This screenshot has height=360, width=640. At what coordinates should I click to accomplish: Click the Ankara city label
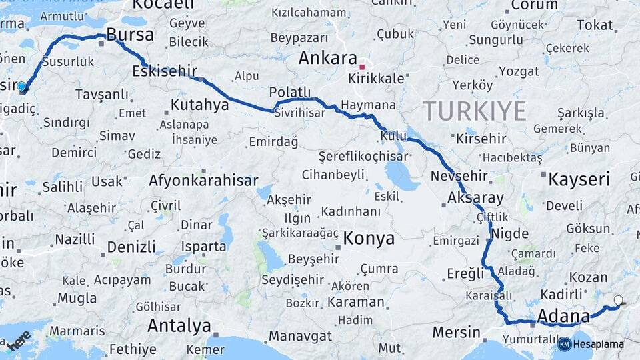coord(327,58)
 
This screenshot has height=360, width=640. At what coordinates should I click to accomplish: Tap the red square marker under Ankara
coord(362,67)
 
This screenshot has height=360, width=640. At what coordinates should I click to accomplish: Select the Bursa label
coord(130,35)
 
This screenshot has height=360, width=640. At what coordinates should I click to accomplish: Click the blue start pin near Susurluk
coord(22,87)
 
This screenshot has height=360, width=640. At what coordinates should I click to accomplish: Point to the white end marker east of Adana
coord(618,301)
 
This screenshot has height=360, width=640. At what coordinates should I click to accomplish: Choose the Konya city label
coord(369,239)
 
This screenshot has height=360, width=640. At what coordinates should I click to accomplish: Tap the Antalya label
coord(179,326)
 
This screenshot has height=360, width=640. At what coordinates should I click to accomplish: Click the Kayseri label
coord(579,179)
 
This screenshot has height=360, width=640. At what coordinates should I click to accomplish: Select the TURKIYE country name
coord(474,111)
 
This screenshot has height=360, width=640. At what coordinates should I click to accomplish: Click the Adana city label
coord(563,315)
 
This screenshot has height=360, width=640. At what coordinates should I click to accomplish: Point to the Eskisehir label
coord(165,71)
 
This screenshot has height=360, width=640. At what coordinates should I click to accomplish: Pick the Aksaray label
coord(475,198)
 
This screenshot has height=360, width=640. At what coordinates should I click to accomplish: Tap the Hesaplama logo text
coord(599,344)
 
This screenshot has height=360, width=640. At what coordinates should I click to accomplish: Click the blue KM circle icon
coord(564,344)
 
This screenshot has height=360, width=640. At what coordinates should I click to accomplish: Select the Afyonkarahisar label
coord(203,181)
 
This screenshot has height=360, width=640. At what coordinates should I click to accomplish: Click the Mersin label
coord(456,332)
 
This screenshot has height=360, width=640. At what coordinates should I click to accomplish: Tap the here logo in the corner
coord(19,339)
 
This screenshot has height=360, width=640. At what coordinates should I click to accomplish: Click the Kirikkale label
coord(376,79)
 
